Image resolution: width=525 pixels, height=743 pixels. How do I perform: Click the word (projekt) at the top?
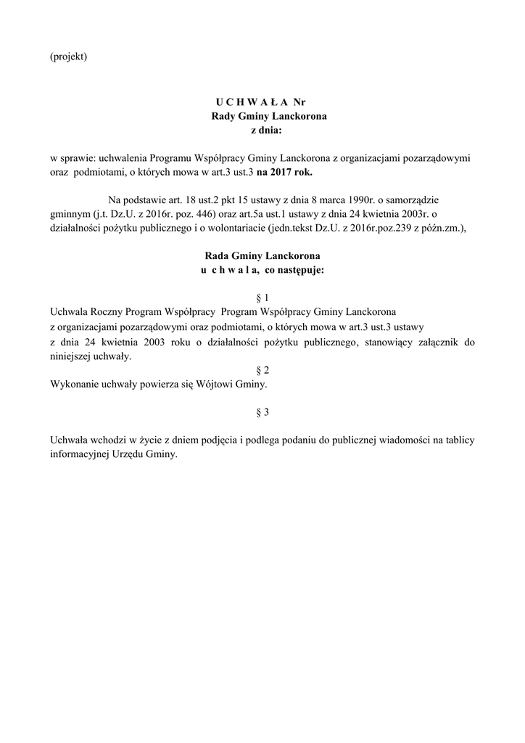pyautogui.click(x=68, y=57)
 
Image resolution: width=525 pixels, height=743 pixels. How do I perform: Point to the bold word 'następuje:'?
pyautogui.click(x=300, y=270)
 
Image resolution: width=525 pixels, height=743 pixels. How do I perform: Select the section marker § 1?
pyautogui.click(x=262, y=298)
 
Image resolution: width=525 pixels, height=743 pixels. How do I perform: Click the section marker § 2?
pyautogui.click(x=262, y=369)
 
